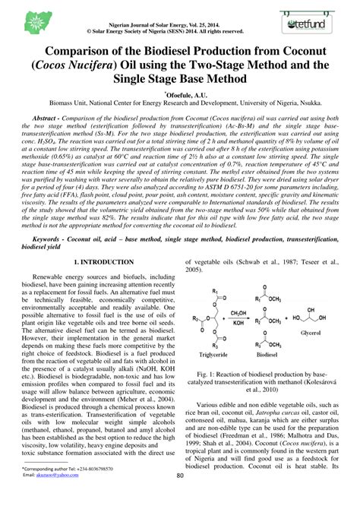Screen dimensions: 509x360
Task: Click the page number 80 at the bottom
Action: click(x=180, y=498)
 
